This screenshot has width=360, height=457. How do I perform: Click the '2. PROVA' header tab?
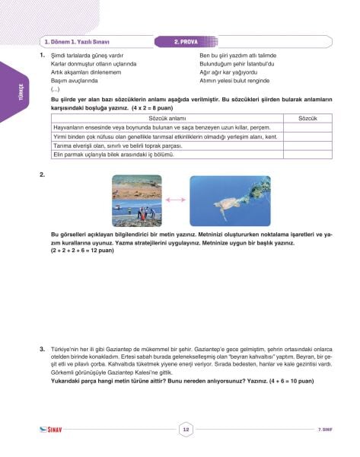(x=186, y=42)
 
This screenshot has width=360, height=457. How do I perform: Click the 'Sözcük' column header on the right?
(x=308, y=119)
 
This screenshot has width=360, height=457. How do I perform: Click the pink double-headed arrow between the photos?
(x=173, y=200)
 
